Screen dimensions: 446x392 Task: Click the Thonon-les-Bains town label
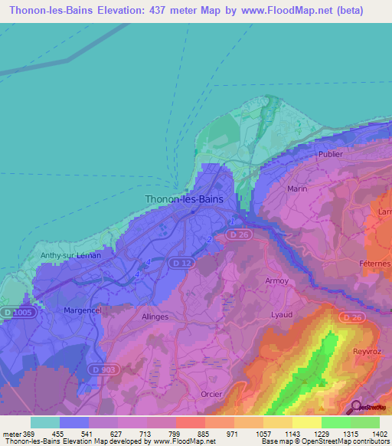pos(185,199)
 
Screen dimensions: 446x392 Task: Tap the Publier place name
pos(326,153)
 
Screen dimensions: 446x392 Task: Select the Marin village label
pos(296,188)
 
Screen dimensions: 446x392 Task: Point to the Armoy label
pos(277,280)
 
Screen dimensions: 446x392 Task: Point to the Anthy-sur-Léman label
pos(70,256)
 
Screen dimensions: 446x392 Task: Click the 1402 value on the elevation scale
pos(380,435)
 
